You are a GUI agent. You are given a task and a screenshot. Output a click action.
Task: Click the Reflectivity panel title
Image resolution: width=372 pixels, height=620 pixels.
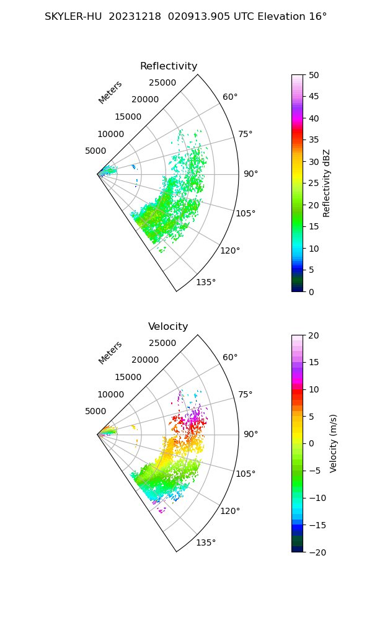pyautogui.click(x=169, y=66)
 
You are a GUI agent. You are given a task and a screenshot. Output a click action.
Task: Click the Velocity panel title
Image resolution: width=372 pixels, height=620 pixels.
pyautogui.click(x=168, y=327)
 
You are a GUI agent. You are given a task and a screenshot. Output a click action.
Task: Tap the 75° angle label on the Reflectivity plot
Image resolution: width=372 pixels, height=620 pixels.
pyautogui.click(x=245, y=134)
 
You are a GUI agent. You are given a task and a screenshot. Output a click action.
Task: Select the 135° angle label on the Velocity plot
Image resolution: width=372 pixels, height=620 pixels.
pyautogui.click(x=206, y=542)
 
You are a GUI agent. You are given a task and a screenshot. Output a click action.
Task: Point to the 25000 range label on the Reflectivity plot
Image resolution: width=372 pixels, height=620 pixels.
pyautogui.click(x=162, y=82)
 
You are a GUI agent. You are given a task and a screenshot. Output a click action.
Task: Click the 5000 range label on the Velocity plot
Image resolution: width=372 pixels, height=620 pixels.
pyautogui.click(x=95, y=411)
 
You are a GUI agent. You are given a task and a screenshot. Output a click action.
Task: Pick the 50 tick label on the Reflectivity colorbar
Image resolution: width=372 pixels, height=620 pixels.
pyautogui.click(x=314, y=75)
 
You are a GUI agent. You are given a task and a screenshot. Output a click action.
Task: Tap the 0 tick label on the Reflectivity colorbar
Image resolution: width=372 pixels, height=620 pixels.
pyautogui.click(x=311, y=292)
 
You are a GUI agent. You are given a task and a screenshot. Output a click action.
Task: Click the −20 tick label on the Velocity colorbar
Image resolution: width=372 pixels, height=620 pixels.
pyautogui.click(x=317, y=553)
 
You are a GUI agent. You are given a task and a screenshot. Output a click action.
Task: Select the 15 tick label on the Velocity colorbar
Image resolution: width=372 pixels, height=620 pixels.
pyautogui.click(x=314, y=362)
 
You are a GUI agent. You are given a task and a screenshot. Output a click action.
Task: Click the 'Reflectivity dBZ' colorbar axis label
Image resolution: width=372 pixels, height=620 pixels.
pyautogui.click(x=326, y=184)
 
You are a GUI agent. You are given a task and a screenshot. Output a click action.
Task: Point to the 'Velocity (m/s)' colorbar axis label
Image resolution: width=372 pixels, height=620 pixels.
pyautogui.click(x=333, y=444)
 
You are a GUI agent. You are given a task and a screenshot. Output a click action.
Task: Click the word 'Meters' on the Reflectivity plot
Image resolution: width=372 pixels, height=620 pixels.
pyautogui.click(x=110, y=92)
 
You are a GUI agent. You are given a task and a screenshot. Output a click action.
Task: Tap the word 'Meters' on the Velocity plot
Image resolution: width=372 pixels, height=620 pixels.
pyautogui.click(x=110, y=353)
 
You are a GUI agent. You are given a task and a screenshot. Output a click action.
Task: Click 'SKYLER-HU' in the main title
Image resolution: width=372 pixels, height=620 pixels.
pyautogui.click(x=74, y=17)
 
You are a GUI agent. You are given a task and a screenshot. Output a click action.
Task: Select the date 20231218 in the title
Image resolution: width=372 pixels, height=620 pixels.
pyautogui.click(x=135, y=17)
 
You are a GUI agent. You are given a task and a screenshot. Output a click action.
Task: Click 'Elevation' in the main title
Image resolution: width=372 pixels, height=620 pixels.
pyautogui.click(x=281, y=17)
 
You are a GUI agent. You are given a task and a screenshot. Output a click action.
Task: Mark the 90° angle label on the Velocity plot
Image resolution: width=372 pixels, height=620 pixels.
pyautogui.click(x=250, y=434)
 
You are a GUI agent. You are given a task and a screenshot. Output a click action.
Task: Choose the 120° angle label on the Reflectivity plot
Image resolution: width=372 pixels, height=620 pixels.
pyautogui.click(x=230, y=250)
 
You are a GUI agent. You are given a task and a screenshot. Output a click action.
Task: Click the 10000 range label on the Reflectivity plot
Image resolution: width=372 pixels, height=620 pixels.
pyautogui.click(x=111, y=134)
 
